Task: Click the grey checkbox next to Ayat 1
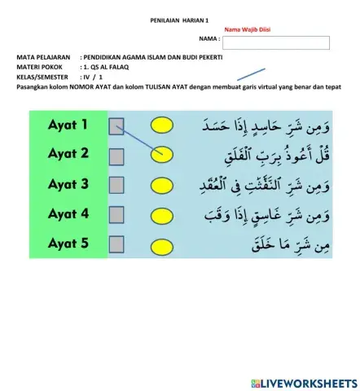click(116, 125)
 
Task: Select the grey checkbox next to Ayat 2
click(116, 155)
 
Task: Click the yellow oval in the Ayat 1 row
click(162, 125)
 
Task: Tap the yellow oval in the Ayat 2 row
click(162, 155)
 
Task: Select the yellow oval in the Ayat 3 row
click(162, 185)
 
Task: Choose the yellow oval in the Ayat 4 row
click(162, 215)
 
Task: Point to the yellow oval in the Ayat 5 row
click(162, 244)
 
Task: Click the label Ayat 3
click(68, 184)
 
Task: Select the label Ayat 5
click(68, 244)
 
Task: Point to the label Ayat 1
click(68, 125)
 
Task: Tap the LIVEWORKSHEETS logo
click(305, 381)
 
